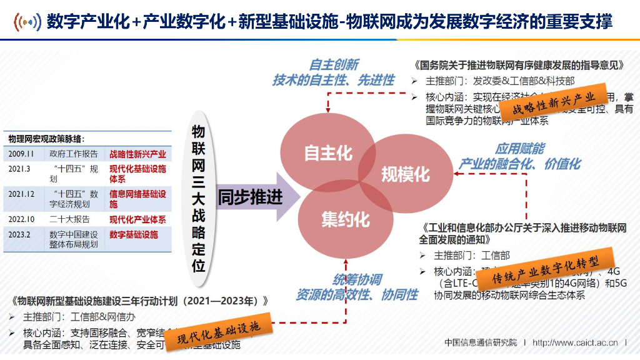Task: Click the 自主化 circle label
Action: [x=328, y=153]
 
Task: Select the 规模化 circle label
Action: [x=406, y=173]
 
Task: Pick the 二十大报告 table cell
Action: [x=69, y=219]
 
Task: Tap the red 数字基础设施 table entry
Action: [x=134, y=234]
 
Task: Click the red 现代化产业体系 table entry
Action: [x=137, y=219]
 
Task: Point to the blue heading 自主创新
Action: [x=334, y=65]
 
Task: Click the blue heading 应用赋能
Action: [x=519, y=149]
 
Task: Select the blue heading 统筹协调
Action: [x=356, y=279]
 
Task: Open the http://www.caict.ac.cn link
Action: [x=575, y=342]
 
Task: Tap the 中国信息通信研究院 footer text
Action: [x=481, y=342]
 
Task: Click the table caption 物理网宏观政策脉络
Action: [x=46, y=138]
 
